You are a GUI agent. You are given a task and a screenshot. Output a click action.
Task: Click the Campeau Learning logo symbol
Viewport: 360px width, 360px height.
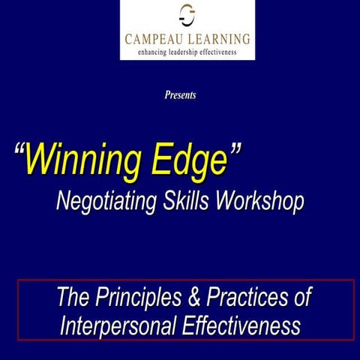(187, 14)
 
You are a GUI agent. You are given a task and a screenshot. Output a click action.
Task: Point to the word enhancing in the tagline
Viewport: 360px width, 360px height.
(153, 52)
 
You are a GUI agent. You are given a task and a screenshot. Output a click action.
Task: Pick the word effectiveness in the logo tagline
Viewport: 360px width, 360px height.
(224, 52)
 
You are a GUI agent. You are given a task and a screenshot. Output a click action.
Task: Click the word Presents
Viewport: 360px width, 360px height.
(180, 95)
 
